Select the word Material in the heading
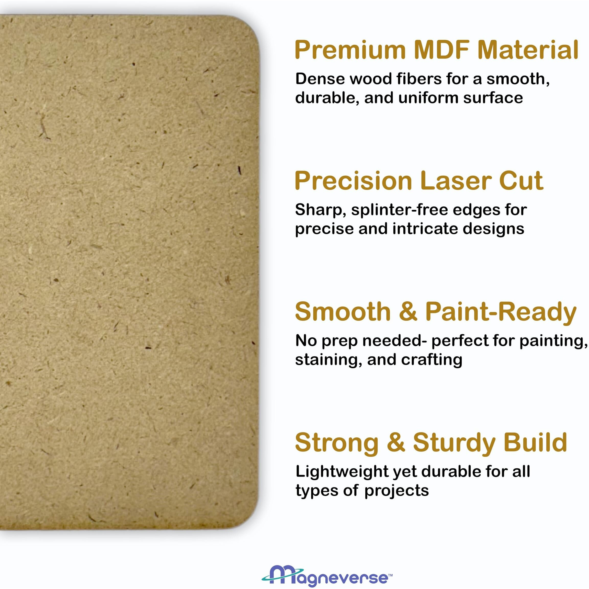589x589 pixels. (528, 50)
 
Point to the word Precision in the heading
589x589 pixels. (354, 181)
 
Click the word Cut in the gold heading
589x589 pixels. (521, 181)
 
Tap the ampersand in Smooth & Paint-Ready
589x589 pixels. (408, 312)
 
